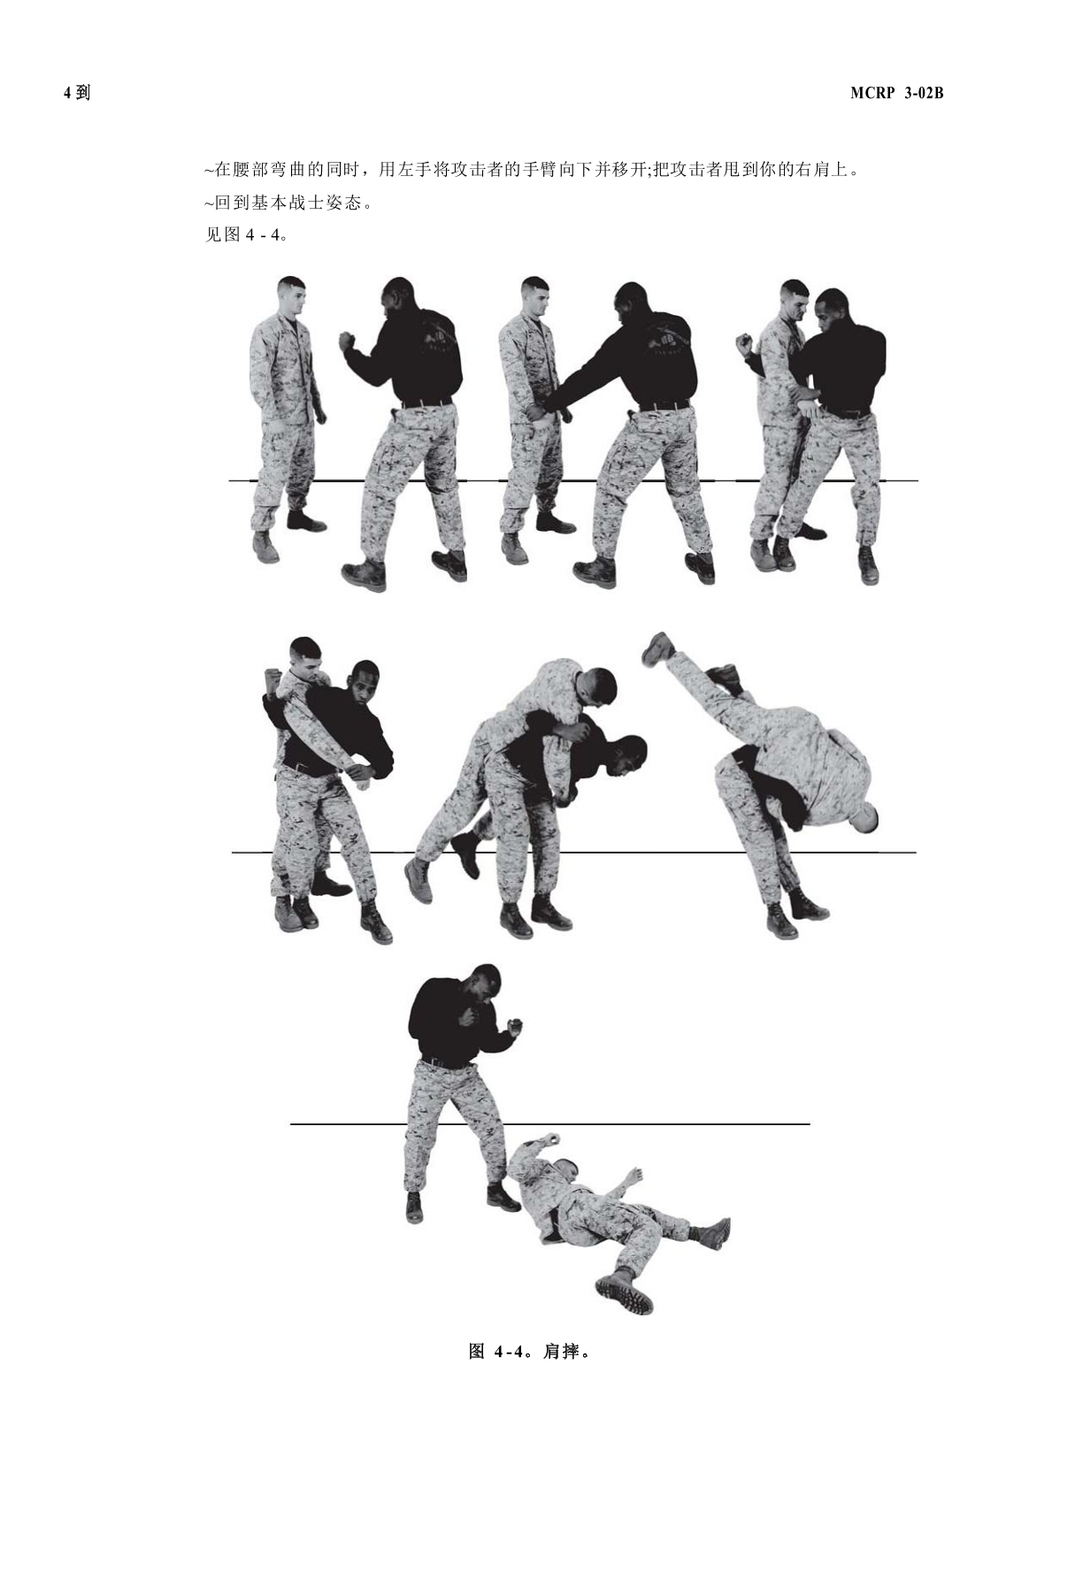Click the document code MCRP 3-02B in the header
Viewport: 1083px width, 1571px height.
(896, 93)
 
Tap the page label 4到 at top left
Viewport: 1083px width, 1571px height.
(77, 93)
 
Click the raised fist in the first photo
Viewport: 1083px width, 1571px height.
(346, 342)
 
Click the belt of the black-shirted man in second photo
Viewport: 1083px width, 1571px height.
(662, 405)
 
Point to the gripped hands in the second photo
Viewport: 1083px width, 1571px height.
(539, 411)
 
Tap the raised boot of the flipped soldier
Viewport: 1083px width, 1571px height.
(657, 648)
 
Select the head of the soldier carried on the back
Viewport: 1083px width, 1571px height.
(596, 688)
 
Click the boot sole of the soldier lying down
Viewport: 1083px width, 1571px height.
(625, 1293)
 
